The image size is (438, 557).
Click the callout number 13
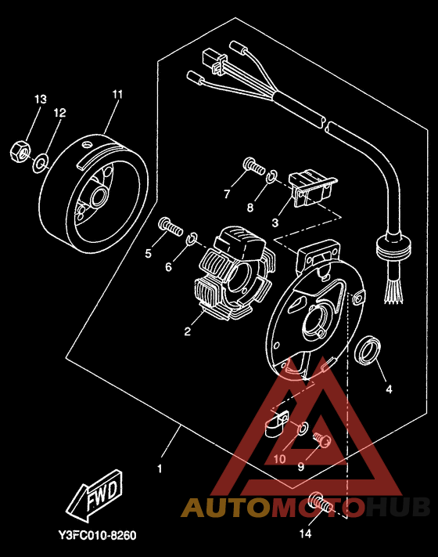tap(41, 99)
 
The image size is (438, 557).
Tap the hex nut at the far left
tap(20, 151)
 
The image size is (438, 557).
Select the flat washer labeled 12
tap(40, 164)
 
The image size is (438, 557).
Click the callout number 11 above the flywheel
tap(117, 95)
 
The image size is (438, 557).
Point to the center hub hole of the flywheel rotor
tap(99, 196)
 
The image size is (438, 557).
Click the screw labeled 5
tap(171, 227)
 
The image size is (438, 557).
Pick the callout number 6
tap(168, 266)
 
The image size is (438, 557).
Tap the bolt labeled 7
tap(255, 165)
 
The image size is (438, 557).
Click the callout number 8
tap(250, 208)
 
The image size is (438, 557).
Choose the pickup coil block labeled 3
tap(312, 188)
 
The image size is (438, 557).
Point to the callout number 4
tap(389, 389)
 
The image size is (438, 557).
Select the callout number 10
tap(279, 459)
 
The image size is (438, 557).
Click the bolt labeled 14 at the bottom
tap(321, 503)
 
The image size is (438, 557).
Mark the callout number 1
tap(160, 469)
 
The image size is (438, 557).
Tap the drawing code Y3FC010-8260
tap(97, 535)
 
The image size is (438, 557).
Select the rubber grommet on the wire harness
tap(393, 247)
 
